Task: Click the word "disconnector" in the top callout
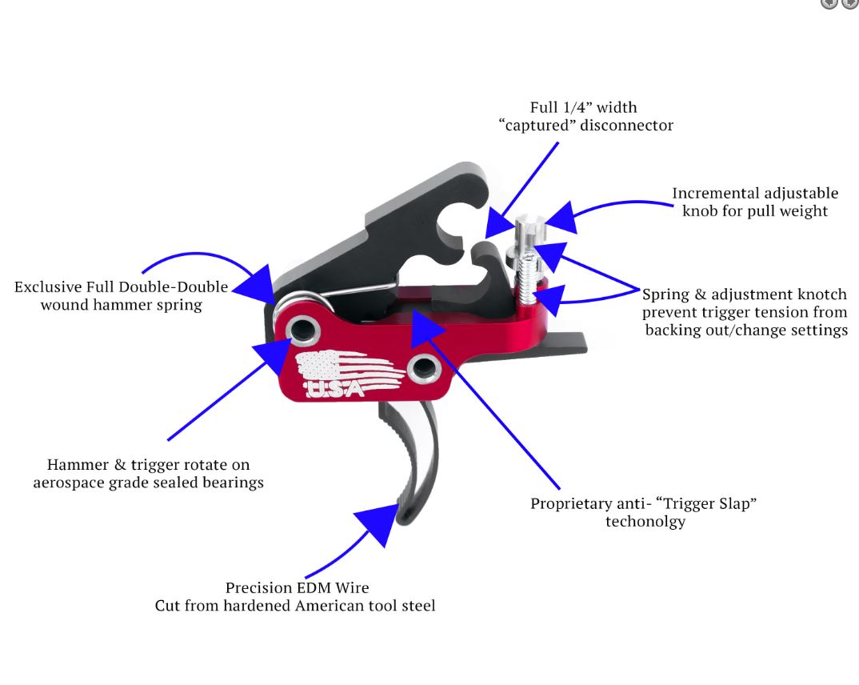point(626,126)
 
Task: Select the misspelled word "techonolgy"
point(645,522)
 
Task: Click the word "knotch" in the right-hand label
point(822,294)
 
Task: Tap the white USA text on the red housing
point(334,389)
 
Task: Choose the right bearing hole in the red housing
point(425,367)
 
